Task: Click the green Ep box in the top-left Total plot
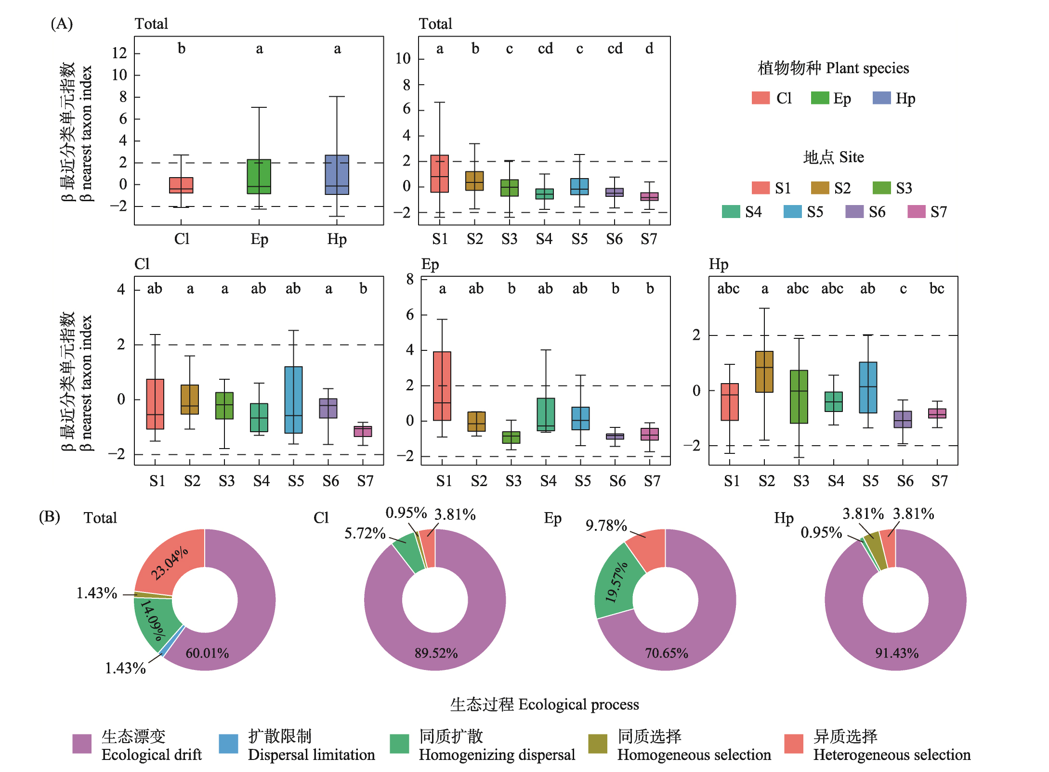pyautogui.click(x=259, y=177)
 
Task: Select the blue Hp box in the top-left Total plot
pyautogui.click(x=337, y=175)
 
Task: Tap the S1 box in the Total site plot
pyautogui.click(x=439, y=174)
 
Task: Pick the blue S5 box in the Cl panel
pyautogui.click(x=293, y=400)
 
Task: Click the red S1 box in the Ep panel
pyautogui.click(x=442, y=386)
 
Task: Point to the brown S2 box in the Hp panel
pyautogui.click(x=764, y=372)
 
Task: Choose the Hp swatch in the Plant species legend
pyautogui.click(x=881, y=98)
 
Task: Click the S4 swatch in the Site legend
pyautogui.click(x=731, y=212)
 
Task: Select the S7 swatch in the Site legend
pyautogui.click(x=916, y=212)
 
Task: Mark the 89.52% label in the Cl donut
pyautogui.click(x=436, y=653)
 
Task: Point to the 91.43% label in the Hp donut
pyautogui.click(x=896, y=653)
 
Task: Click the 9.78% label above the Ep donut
pyautogui.click(x=606, y=526)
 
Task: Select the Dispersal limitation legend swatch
pyautogui.click(x=228, y=744)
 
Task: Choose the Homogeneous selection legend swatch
pyautogui.click(x=598, y=744)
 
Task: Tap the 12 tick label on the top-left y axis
pyautogui.click(x=119, y=53)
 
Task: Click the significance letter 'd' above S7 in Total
pyautogui.click(x=649, y=49)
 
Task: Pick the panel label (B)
pyautogui.click(x=49, y=517)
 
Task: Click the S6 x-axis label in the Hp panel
pyautogui.click(x=905, y=481)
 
